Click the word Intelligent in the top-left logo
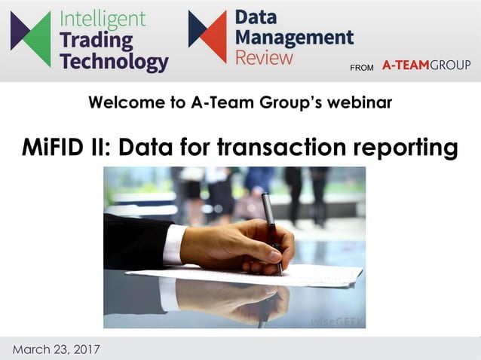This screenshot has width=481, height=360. [103, 18]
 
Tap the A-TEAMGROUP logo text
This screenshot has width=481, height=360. [426, 66]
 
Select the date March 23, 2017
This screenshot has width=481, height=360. [56, 349]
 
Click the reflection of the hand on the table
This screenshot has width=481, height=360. [226, 297]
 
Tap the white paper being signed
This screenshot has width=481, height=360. [317, 273]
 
